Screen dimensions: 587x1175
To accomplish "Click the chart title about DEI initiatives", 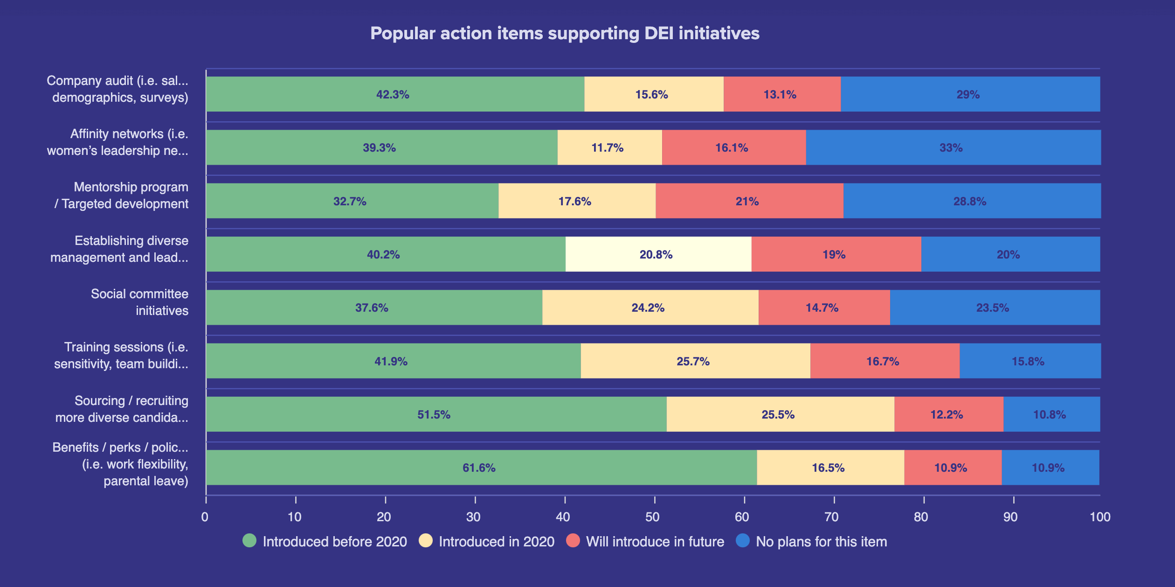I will pos(565,34).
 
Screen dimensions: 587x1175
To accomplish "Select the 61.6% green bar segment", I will pos(480,468).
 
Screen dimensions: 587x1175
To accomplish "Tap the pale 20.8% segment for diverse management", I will pos(657,254).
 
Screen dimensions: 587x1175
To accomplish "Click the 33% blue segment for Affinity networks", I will pos(952,147).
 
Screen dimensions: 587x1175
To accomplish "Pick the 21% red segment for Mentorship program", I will pos(748,201).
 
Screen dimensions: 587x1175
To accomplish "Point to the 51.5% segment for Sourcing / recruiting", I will pos(435,414).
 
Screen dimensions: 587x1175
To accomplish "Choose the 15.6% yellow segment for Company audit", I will pos(653,94).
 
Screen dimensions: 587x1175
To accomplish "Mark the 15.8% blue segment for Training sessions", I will pos(1029,361).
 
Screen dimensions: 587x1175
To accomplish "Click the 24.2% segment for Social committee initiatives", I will pos(649,307).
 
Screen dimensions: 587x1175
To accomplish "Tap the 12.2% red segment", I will pos(947,414).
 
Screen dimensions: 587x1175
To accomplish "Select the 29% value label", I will pos(968,95).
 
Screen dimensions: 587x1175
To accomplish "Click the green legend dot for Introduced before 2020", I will pos(249,541).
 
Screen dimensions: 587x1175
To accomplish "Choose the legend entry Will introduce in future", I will pos(655,541).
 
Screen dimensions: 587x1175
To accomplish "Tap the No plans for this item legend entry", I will pos(821,541).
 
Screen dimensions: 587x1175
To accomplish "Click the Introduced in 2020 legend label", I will pos(496,541).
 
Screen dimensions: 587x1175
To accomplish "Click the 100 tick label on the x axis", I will pos(1099,517).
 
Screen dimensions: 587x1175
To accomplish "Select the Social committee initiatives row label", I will pos(140,302).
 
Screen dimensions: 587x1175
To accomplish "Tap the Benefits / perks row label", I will pos(120,464).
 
